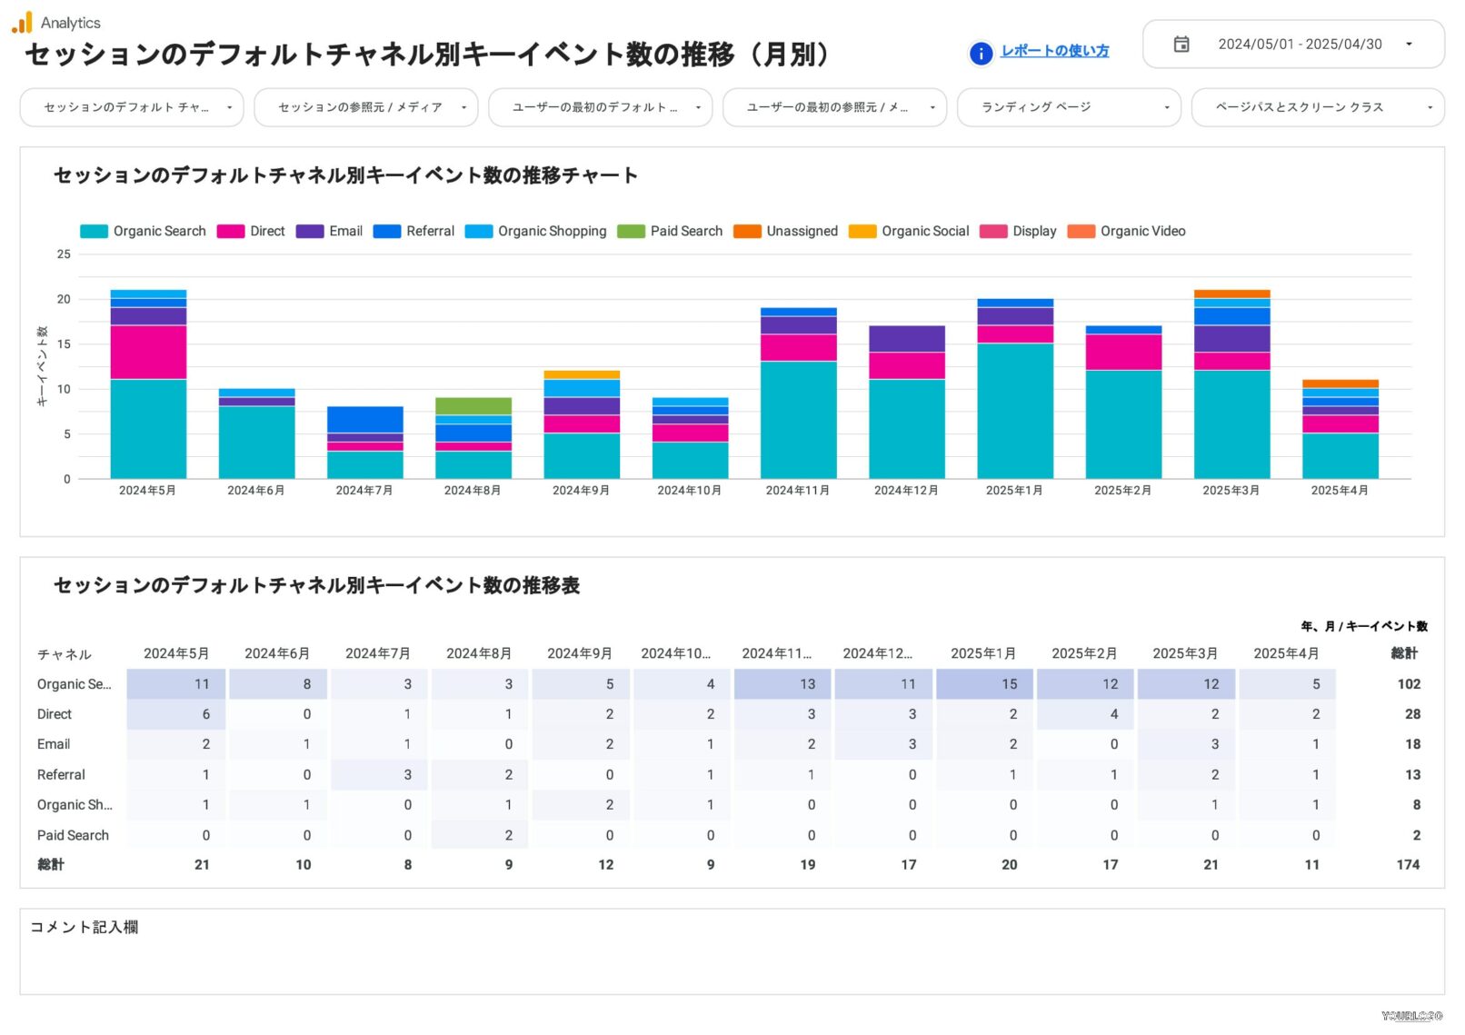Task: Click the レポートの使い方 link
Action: coord(1054,52)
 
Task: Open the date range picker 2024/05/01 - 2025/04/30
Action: coord(1292,45)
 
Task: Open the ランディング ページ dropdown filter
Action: coord(1068,107)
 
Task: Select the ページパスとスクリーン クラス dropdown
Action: coord(1317,107)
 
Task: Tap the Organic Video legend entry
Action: coord(1127,232)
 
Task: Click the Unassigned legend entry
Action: coord(786,232)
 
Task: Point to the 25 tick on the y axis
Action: coord(64,254)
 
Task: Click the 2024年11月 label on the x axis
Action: coord(797,491)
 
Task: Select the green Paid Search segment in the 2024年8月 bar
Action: coord(473,406)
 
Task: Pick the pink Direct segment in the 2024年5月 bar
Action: coord(148,353)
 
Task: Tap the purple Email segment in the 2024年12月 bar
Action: coord(906,339)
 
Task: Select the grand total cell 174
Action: coord(1408,865)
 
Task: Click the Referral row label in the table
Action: coord(61,775)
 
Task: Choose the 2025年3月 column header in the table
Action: coord(1184,654)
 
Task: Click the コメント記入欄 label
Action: coord(85,927)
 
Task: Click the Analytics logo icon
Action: coord(22,23)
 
